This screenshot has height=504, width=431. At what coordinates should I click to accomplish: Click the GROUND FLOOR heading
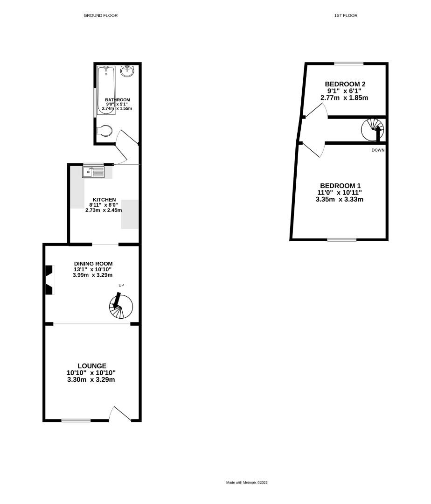100,15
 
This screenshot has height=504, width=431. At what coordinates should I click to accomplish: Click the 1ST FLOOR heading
346,15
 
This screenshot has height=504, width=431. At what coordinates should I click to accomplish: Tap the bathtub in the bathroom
106,90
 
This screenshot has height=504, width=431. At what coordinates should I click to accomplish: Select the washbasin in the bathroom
127,71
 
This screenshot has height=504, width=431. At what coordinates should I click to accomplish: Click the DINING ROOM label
93,263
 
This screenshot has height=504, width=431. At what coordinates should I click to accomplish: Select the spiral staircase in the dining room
120,306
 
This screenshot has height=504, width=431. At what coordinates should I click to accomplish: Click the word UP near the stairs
121,285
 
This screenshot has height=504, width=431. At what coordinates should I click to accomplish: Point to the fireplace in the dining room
49,280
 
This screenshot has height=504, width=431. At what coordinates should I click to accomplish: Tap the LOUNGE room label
92,366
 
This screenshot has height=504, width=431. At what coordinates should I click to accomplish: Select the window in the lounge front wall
76,420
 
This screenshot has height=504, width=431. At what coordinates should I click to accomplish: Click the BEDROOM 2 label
345,84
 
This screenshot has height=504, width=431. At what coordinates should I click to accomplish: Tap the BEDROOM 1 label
340,185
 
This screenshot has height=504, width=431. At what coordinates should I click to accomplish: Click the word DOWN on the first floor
378,150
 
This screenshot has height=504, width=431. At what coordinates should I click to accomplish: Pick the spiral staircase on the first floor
373,129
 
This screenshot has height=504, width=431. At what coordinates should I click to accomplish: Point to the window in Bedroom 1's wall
341,240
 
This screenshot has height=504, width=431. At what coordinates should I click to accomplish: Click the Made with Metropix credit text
247,483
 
